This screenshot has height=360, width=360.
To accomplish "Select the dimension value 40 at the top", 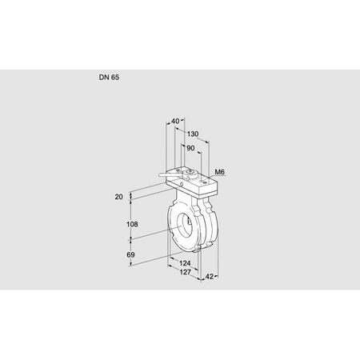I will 175,122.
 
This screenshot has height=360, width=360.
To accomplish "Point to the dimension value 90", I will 190,148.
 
